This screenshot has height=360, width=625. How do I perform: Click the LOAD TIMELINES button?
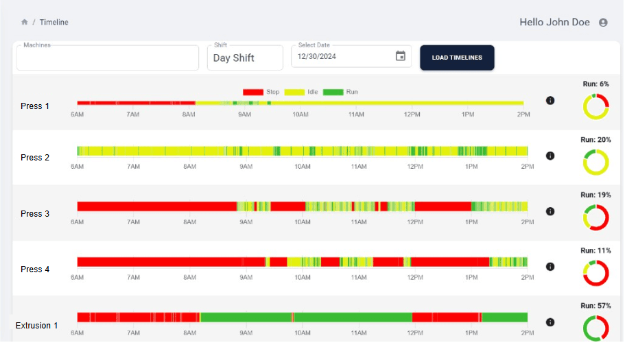(457, 58)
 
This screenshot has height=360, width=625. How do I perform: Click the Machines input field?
(107, 58)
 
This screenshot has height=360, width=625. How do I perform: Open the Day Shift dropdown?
(245, 58)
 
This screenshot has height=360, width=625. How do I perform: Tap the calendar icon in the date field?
(401, 56)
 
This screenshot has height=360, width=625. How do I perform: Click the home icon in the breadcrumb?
(25, 22)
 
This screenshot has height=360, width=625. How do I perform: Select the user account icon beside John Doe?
(603, 22)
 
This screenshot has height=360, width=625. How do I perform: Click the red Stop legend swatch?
(253, 92)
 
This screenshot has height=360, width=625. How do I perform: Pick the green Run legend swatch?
(333, 92)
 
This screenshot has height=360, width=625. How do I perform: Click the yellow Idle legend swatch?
(294, 92)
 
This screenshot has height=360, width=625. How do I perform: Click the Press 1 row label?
(35, 106)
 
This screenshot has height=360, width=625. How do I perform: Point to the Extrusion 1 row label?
(37, 326)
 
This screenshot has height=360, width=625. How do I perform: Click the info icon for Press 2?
(550, 156)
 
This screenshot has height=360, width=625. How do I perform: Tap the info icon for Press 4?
(550, 267)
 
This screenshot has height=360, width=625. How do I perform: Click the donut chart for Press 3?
(595, 217)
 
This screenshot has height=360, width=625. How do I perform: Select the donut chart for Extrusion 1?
(595, 328)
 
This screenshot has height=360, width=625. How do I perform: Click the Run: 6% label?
(595, 84)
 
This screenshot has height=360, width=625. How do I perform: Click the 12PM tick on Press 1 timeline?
(412, 114)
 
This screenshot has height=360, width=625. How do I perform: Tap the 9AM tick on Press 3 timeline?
(245, 221)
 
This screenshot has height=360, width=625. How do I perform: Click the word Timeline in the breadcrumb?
(54, 22)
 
